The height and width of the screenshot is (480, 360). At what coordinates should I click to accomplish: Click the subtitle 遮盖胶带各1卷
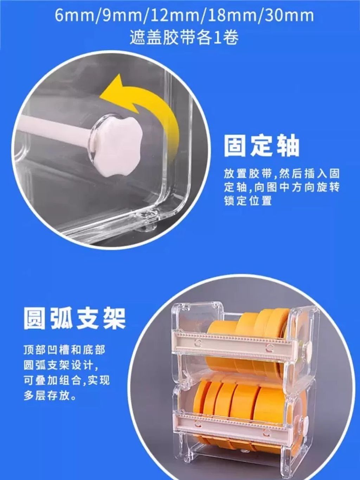click(184, 38)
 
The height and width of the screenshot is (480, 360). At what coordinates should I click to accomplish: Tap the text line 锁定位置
click(247, 201)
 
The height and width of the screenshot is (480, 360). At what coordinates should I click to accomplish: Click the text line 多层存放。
click(50, 402)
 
